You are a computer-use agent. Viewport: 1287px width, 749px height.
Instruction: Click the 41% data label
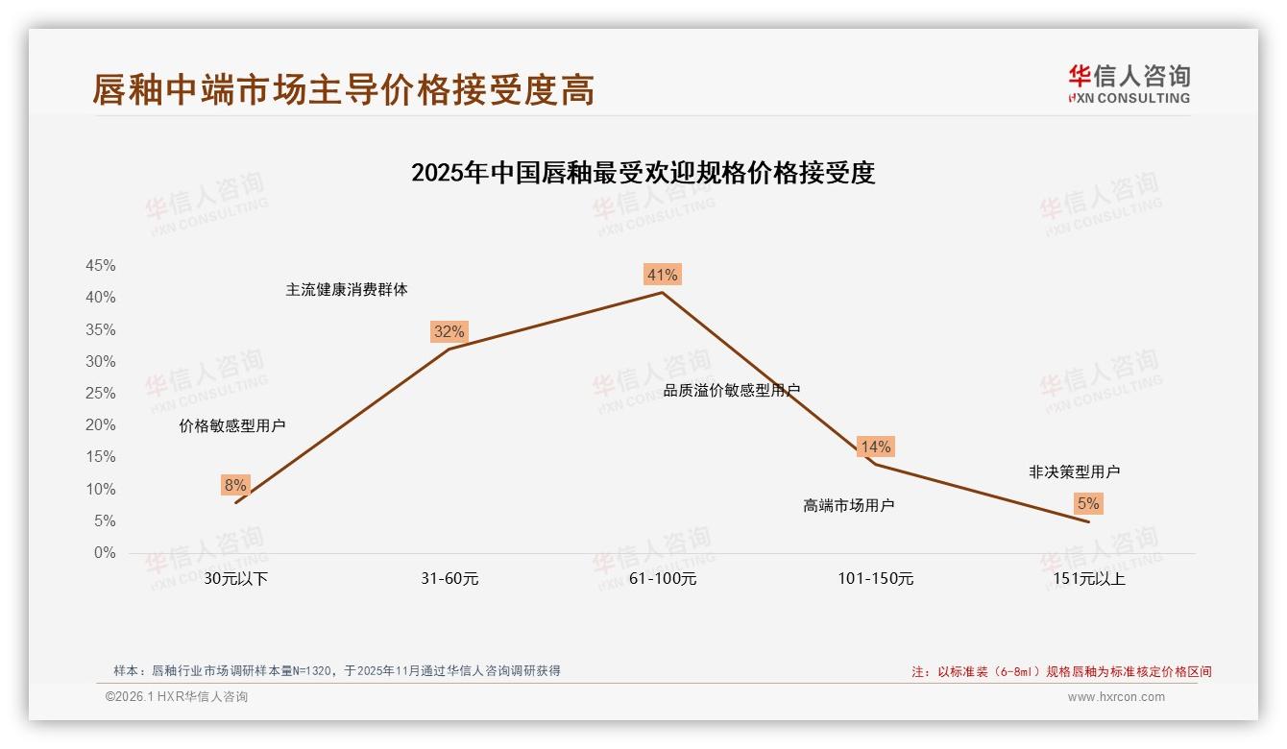click(x=662, y=276)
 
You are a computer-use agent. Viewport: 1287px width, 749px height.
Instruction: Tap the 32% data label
click(x=449, y=332)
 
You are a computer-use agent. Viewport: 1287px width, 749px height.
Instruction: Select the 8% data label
click(x=235, y=486)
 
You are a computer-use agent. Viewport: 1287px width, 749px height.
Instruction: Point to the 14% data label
click(x=875, y=447)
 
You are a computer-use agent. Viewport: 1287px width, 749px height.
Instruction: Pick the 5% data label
click(x=1088, y=504)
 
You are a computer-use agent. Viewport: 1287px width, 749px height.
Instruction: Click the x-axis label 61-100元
click(x=663, y=579)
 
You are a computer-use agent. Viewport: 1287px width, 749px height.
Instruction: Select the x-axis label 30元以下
click(x=235, y=579)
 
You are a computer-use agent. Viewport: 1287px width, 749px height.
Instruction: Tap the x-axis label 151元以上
click(x=1088, y=579)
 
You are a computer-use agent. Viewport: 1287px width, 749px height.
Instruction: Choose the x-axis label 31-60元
click(x=449, y=579)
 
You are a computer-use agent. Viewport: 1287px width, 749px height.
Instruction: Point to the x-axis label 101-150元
click(x=875, y=579)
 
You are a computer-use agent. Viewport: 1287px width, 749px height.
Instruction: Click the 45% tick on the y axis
click(x=101, y=266)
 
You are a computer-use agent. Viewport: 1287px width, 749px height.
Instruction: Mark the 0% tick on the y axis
click(x=105, y=553)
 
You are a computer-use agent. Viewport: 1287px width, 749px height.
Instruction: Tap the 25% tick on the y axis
click(x=101, y=394)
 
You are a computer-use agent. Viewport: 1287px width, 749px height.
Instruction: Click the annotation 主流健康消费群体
click(x=347, y=290)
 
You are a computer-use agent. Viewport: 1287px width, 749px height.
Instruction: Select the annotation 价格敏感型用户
click(x=232, y=426)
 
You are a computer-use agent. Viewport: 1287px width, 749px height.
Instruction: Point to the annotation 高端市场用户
click(x=849, y=506)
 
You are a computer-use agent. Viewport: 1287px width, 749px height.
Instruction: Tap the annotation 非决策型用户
click(x=1074, y=472)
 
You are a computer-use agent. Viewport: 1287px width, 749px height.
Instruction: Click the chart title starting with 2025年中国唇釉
click(x=643, y=174)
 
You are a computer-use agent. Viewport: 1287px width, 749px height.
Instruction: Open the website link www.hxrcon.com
click(x=1116, y=697)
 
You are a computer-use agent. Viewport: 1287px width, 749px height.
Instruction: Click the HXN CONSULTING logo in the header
click(x=1129, y=84)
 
